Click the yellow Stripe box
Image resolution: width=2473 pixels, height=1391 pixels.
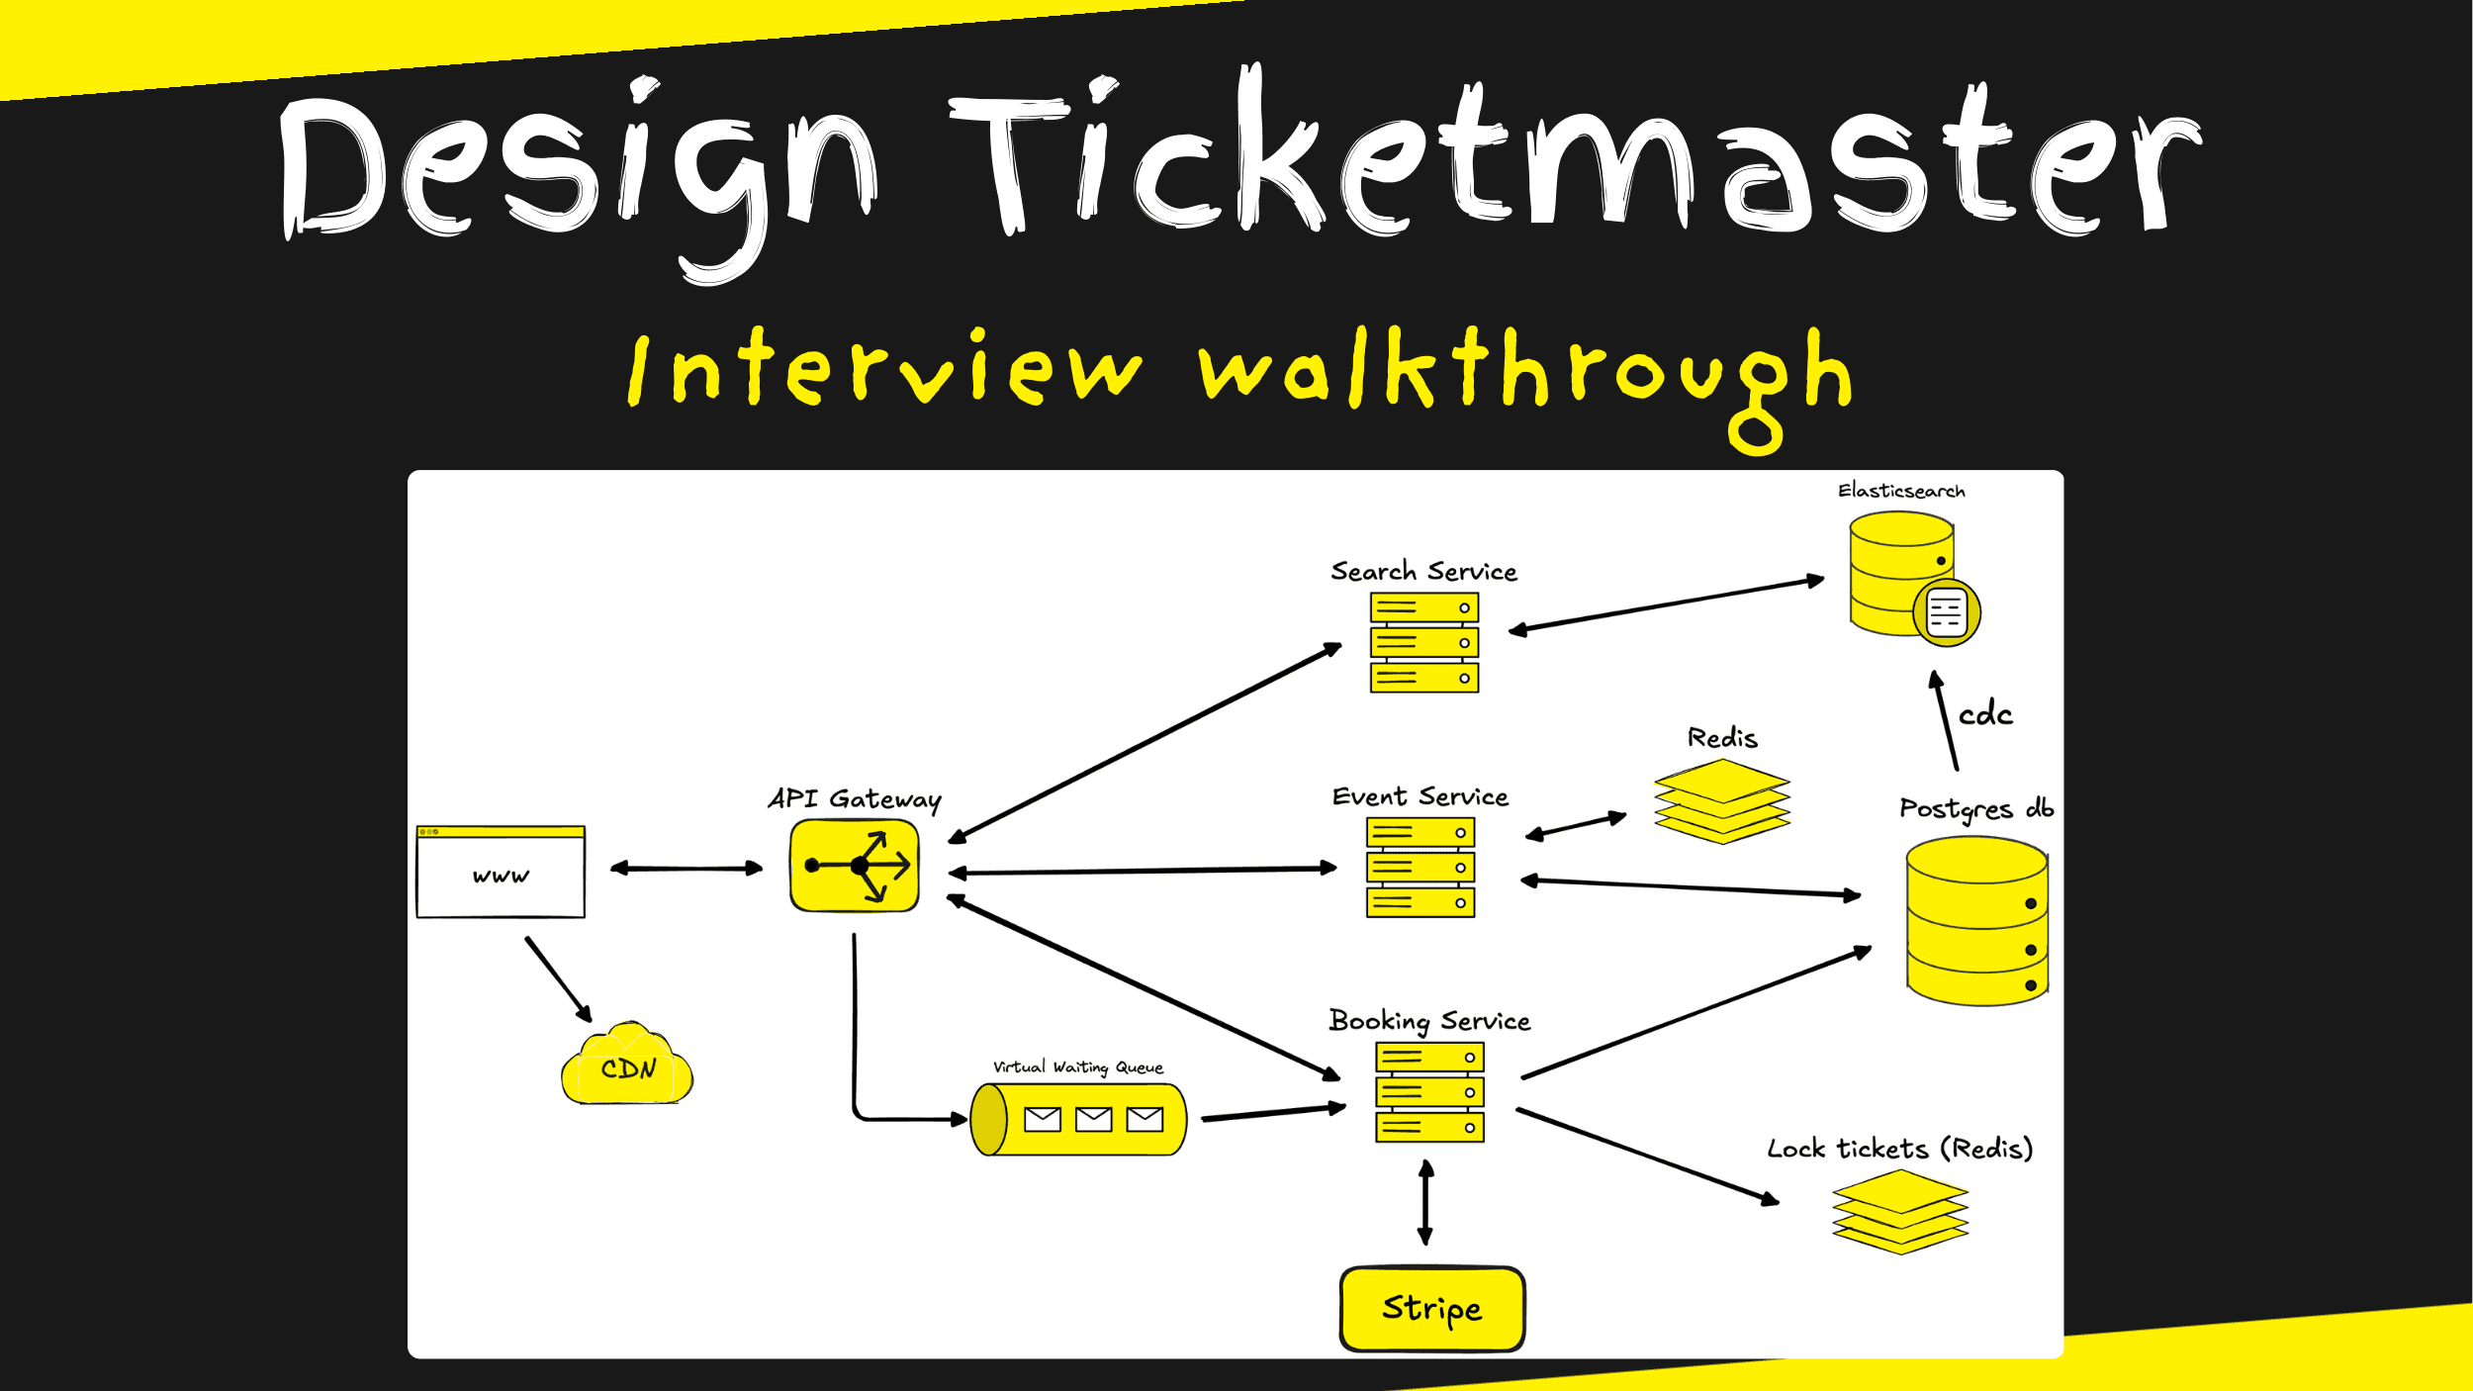click(x=1431, y=1308)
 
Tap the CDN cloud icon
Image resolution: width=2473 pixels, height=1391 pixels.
click(x=627, y=1066)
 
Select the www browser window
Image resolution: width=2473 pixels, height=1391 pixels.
click(x=501, y=872)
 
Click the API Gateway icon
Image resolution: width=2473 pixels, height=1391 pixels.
click(x=855, y=866)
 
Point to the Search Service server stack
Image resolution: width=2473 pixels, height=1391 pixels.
click(x=1423, y=642)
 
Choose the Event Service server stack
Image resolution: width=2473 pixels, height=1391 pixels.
click(x=1420, y=868)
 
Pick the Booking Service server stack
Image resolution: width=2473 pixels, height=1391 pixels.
click(x=1429, y=1092)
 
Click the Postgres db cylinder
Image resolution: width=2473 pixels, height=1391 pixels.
click(x=1976, y=921)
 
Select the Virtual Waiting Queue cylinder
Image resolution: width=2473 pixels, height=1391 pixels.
click(x=1078, y=1119)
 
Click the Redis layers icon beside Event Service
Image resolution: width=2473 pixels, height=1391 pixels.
click(x=1722, y=800)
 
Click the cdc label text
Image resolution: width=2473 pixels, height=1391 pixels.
click(x=1984, y=714)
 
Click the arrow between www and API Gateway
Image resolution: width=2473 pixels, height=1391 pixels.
click(x=687, y=869)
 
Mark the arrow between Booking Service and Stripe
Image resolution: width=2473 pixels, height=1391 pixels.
click(x=1425, y=1203)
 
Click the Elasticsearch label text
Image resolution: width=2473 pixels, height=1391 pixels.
click(x=1900, y=491)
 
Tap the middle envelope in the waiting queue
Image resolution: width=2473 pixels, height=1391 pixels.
click(x=1093, y=1119)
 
